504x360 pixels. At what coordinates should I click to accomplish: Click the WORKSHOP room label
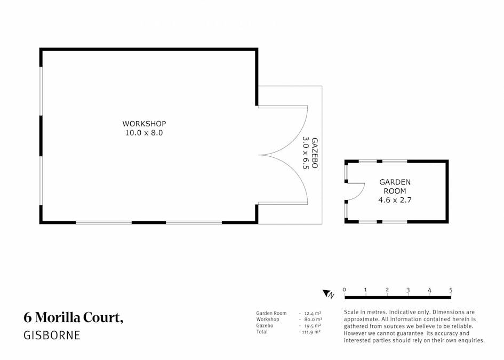144,124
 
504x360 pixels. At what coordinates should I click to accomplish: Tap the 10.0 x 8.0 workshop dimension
144,133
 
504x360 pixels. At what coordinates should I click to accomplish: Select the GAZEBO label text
315,153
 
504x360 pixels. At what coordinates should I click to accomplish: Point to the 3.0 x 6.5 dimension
306,153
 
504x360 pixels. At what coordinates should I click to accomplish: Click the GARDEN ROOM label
395,187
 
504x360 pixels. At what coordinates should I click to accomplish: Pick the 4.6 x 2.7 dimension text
395,200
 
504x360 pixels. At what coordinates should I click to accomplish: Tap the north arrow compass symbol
329,294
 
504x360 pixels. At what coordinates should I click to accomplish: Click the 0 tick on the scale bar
345,290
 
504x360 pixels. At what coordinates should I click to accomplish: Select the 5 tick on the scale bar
451,290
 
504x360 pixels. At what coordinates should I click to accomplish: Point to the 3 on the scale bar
408,290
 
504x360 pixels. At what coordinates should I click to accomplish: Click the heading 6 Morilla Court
74,317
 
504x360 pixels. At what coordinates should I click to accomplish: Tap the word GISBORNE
52,335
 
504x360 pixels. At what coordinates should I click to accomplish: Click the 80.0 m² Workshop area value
313,319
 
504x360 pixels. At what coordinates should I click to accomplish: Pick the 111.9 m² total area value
311,332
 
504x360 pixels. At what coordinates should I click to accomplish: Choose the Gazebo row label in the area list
265,326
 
